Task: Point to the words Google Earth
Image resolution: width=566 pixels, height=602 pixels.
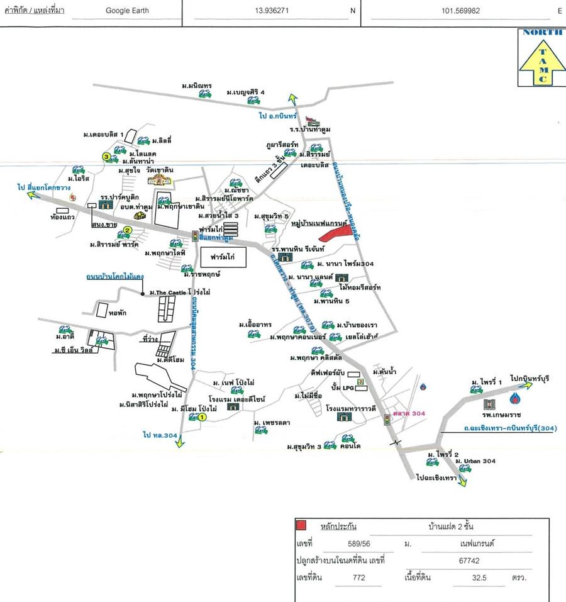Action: pyautogui.click(x=127, y=11)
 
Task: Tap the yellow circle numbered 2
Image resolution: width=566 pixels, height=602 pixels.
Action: pyautogui.click(x=127, y=230)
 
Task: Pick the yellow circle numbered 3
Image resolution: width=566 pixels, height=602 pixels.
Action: pyautogui.click(x=107, y=157)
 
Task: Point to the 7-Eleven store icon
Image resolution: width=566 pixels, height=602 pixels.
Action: pyautogui.click(x=360, y=381)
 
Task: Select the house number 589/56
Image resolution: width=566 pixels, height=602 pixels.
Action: pyautogui.click(x=358, y=542)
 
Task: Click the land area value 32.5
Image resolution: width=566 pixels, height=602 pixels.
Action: pyautogui.click(x=481, y=576)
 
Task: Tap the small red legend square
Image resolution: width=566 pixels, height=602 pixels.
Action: pyautogui.click(x=301, y=525)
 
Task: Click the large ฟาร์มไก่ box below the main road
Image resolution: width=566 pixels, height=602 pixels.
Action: pyautogui.click(x=224, y=258)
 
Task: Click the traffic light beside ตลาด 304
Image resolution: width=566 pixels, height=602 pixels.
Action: pyautogui.click(x=387, y=418)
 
